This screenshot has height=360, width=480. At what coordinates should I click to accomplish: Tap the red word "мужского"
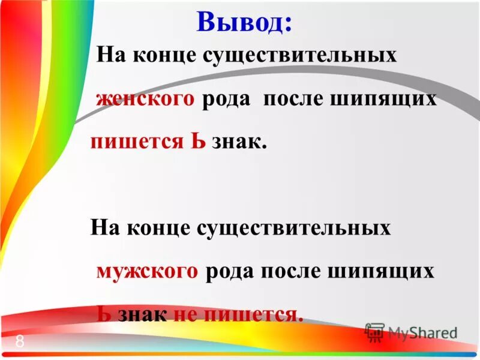pyautogui.click(x=147, y=271)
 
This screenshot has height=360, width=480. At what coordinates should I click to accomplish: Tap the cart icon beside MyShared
pyautogui.click(x=375, y=332)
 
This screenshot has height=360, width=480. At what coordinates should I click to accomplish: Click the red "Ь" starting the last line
pyautogui.click(x=103, y=314)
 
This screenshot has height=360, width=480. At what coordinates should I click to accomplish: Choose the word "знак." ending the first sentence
pyautogui.click(x=238, y=142)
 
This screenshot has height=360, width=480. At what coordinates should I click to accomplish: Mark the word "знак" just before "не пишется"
pyautogui.click(x=142, y=314)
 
